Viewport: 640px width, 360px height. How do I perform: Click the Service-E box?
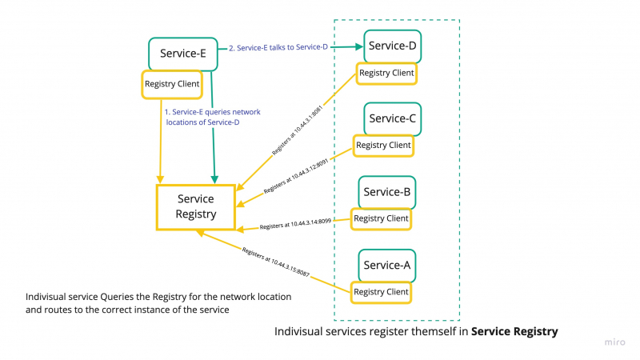pyautogui.click(x=183, y=54)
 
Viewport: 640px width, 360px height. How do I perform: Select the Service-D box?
pyautogui.click(x=392, y=46)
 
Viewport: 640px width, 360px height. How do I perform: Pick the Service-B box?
pyautogui.click(x=387, y=192)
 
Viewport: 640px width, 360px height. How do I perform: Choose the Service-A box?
pyautogui.click(x=386, y=265)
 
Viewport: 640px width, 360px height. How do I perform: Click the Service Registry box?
pyautogui.click(x=196, y=207)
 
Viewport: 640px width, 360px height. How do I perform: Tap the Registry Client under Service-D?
pyautogui.click(x=386, y=74)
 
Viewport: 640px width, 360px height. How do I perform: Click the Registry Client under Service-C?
pyautogui.click(x=384, y=146)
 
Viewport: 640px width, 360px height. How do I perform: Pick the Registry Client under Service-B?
pyautogui.click(x=381, y=218)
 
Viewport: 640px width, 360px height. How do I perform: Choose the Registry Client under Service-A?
pyautogui.click(x=381, y=292)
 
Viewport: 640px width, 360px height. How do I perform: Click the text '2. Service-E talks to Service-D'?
pyautogui.click(x=278, y=48)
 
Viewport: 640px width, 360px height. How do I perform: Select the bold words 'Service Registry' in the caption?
pyautogui.click(x=514, y=331)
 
